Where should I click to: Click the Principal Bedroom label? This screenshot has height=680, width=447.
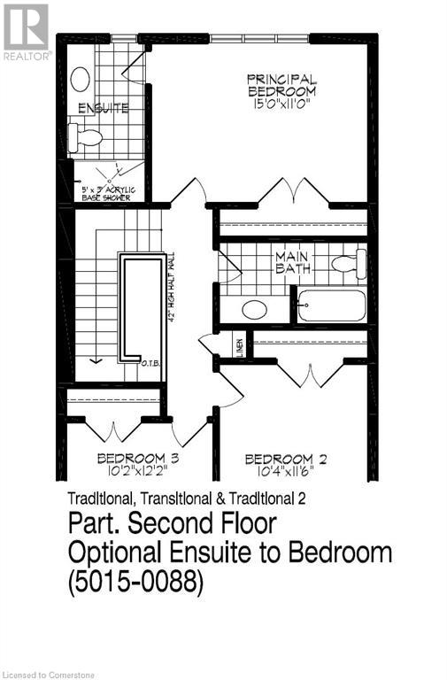(281, 86)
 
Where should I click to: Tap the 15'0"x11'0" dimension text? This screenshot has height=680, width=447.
(281, 104)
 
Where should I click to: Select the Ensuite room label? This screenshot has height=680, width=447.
(104, 109)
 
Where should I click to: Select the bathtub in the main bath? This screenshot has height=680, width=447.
(331, 305)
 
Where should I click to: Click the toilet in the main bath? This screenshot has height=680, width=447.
(350, 262)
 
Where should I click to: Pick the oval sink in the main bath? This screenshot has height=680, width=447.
(255, 310)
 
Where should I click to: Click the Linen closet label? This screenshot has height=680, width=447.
(239, 345)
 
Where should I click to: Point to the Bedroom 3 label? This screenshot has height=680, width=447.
(138, 458)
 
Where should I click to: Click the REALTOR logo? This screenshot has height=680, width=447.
(27, 31)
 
